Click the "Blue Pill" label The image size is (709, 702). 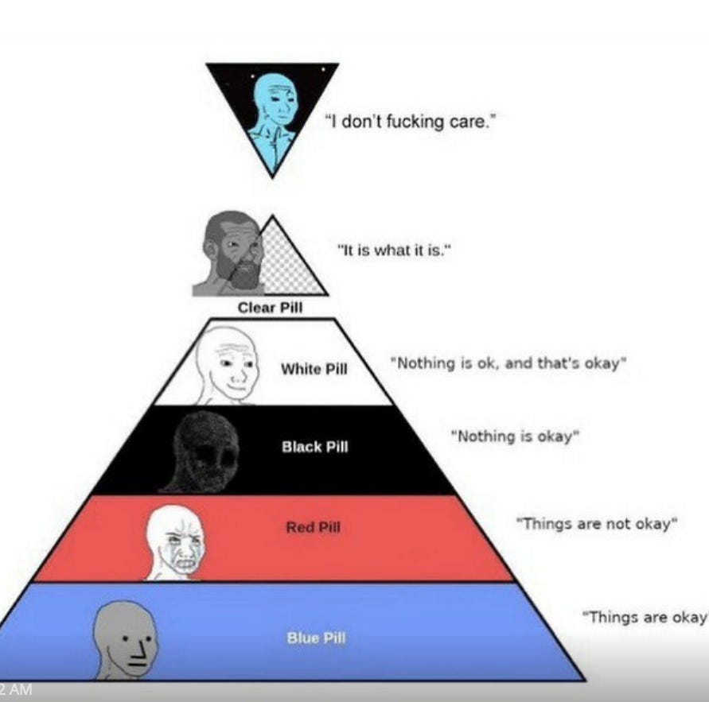[x=316, y=638]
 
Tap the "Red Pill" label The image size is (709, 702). [x=313, y=527]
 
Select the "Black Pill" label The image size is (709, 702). [x=314, y=447]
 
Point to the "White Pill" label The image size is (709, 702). [x=314, y=369]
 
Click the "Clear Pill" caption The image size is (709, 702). [x=270, y=308]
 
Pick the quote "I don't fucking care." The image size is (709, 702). [x=410, y=122]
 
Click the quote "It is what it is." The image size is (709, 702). [x=395, y=250]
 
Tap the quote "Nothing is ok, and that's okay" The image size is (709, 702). [x=508, y=363]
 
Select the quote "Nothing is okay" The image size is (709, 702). [x=515, y=436]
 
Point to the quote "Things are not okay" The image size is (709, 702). [x=597, y=524]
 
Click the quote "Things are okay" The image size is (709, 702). [x=645, y=617]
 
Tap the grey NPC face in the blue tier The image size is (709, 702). [x=125, y=639]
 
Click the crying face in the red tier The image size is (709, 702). [x=175, y=542]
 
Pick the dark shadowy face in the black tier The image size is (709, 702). [x=204, y=452]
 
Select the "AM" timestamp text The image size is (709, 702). [x=20, y=690]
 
